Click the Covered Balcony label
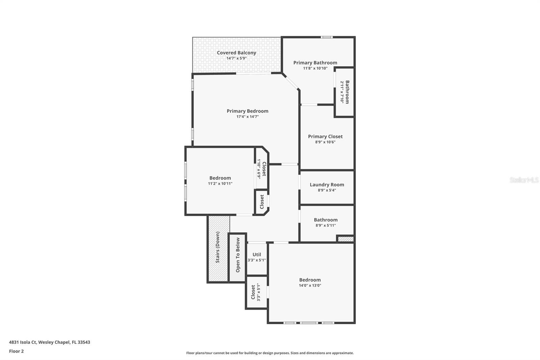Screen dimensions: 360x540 click(236, 53)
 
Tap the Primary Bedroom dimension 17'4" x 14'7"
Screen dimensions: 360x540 click(247, 117)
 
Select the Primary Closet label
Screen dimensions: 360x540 click(325, 136)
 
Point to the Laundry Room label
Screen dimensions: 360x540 click(327, 185)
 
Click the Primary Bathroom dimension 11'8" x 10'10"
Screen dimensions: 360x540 click(315, 68)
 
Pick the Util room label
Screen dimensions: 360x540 click(256, 255)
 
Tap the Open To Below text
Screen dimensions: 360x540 click(238, 255)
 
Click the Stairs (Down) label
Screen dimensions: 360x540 click(218, 247)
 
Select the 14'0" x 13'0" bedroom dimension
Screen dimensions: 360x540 click(310, 285)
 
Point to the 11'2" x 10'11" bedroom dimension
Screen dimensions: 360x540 click(220, 184)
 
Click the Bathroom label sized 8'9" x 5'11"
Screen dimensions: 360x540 click(325, 220)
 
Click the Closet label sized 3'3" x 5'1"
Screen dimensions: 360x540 click(253, 292)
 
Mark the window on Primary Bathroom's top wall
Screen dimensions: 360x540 click(326, 37)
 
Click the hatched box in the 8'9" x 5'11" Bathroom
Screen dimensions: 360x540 click(345, 239)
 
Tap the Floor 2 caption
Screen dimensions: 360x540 click(16, 351)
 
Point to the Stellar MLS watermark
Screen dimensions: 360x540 click(524, 180)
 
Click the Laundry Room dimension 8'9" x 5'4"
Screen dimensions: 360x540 click(327, 190)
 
